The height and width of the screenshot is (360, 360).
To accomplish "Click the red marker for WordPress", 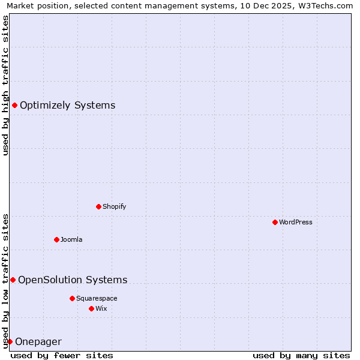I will (275, 222).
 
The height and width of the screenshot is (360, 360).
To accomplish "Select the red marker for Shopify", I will (98, 206).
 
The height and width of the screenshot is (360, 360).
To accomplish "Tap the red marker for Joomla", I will (56, 239).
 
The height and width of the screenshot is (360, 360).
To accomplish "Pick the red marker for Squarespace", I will (72, 298).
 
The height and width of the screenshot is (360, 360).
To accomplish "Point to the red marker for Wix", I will (91, 308).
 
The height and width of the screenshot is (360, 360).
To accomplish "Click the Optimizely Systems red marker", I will (14, 106).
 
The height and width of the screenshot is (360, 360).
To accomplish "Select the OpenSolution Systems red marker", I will (13, 280).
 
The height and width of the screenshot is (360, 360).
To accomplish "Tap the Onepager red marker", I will (10, 341).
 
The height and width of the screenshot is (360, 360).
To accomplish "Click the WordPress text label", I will (296, 222).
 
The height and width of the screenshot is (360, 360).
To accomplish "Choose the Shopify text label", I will (114, 206).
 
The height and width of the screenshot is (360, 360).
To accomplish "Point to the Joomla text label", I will (71, 239).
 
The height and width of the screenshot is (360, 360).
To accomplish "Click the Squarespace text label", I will (97, 298).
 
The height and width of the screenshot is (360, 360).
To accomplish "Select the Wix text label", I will (101, 308).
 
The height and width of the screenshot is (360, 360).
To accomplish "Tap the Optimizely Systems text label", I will (67, 106).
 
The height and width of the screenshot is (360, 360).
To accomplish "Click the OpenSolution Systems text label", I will (73, 280).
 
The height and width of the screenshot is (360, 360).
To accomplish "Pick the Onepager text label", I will (38, 342).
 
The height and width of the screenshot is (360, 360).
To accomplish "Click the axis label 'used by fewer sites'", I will (62, 355).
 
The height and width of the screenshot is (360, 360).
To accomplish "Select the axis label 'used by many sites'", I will (301, 355).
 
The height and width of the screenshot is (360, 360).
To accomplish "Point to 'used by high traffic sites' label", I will (5, 85).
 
